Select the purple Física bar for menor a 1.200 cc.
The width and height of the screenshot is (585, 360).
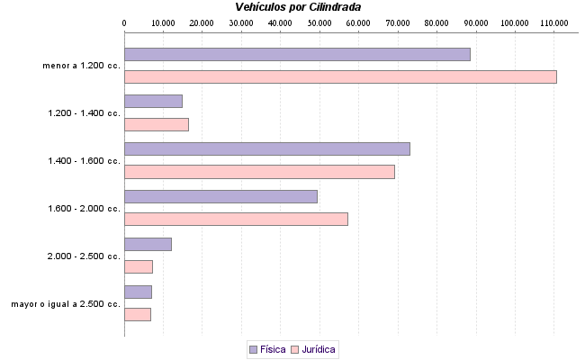(297, 54)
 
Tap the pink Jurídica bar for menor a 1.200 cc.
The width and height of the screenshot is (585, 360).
(340, 76)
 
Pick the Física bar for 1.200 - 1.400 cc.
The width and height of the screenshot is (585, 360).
(153, 102)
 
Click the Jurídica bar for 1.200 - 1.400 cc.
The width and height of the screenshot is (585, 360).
(156, 124)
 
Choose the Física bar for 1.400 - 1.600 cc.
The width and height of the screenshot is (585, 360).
(266, 148)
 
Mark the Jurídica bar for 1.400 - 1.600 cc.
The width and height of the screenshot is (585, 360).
(259, 172)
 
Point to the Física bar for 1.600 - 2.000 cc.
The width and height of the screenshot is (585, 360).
(220, 196)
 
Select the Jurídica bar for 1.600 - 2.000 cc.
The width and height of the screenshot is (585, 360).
(236, 219)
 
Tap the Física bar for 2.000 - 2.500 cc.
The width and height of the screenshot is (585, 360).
(148, 244)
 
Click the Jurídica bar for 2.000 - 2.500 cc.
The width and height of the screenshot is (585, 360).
(139, 266)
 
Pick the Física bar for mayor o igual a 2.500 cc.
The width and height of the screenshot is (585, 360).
(138, 292)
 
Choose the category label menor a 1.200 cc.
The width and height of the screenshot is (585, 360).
(81, 66)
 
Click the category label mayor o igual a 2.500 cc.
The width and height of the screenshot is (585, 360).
(66, 304)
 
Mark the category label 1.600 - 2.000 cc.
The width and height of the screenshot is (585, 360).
(84, 209)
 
